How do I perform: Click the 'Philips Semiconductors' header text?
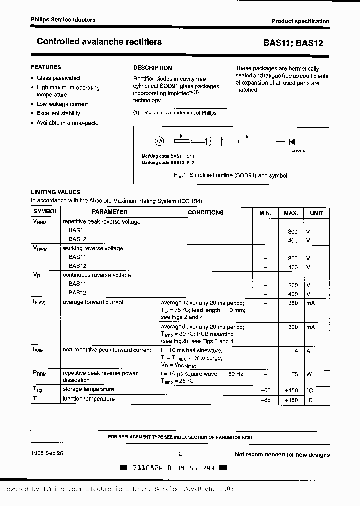coord(63,20)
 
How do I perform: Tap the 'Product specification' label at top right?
coord(300,21)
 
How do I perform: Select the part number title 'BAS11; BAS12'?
coord(293,43)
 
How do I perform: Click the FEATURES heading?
coord(46,67)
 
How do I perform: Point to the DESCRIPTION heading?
coord(152,68)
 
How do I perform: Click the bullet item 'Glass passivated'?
coord(58,78)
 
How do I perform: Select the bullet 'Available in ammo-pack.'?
coord(67,123)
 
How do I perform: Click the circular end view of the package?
coord(159,142)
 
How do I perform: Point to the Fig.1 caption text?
coord(231,175)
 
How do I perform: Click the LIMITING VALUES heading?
coord(55,192)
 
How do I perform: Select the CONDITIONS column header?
coord(205,212)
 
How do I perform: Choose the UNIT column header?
coord(316,213)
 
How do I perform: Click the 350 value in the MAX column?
coord(293,303)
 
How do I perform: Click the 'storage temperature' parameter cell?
coord(88,389)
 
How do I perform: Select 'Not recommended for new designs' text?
coord(282,454)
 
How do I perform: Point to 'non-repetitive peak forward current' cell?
coord(107,350)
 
